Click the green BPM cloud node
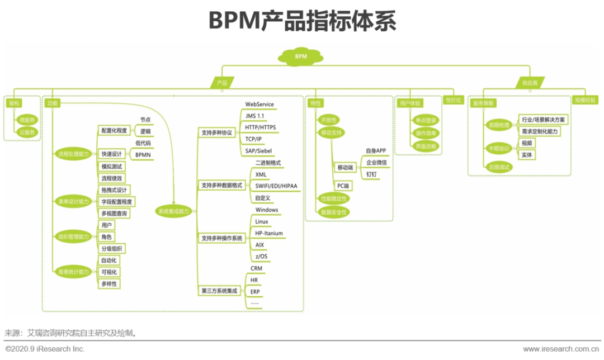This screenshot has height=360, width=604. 301,56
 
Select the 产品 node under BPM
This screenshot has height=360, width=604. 222,83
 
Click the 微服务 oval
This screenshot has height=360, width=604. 26,120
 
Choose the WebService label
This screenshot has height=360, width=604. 259,105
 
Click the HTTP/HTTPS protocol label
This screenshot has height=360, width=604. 260,127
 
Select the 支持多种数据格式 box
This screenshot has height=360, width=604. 221,185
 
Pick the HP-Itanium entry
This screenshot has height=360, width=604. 269,233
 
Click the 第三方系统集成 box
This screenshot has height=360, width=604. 219,291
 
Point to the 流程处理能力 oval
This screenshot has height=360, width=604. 74,154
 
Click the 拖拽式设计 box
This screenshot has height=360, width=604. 115,190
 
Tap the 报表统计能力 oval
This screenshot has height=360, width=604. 74,272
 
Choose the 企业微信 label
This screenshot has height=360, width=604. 376,162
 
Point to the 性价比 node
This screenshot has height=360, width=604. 453,100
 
